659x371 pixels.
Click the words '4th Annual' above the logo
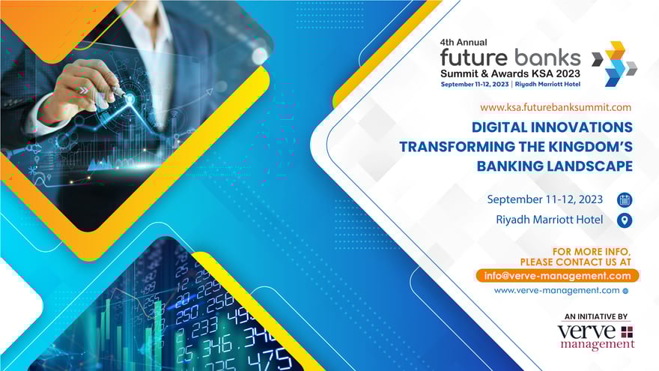click(x=464, y=43)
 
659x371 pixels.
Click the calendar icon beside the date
click(x=625, y=200)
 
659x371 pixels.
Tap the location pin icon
click(x=625, y=220)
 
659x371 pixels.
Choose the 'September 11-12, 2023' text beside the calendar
click(x=544, y=199)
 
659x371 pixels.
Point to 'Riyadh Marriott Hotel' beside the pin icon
click(x=549, y=220)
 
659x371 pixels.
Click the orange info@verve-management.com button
click(x=557, y=276)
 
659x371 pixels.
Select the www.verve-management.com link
click(x=556, y=290)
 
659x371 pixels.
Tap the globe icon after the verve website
click(x=625, y=291)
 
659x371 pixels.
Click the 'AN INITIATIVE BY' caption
click(x=597, y=317)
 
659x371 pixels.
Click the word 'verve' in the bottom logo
click(x=586, y=332)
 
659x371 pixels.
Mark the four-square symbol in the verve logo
click(x=627, y=331)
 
